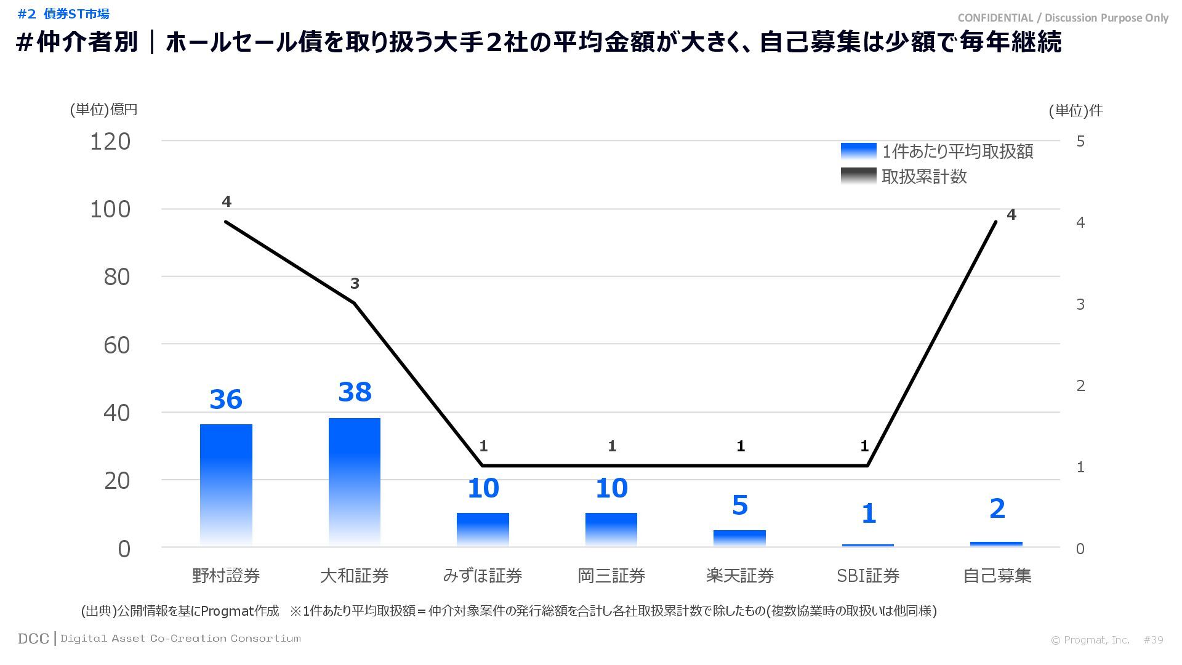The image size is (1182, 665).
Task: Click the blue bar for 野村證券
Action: pyautogui.click(x=226, y=485)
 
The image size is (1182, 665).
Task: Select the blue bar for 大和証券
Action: pyautogui.click(x=355, y=482)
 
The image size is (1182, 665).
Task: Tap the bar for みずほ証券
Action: pyautogui.click(x=483, y=530)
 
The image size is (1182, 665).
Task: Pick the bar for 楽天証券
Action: pyautogui.click(x=739, y=538)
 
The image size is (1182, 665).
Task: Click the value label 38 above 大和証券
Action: pyautogui.click(x=355, y=392)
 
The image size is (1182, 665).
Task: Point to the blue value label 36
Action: pyautogui.click(x=226, y=400)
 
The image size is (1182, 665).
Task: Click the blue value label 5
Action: pyautogui.click(x=739, y=506)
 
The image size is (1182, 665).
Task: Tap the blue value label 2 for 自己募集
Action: pyautogui.click(x=997, y=509)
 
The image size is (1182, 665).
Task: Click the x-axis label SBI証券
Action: pyautogui.click(x=868, y=576)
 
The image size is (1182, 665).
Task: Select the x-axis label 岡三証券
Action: pyautogui.click(x=611, y=576)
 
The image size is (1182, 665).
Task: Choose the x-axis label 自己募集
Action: pyautogui.click(x=997, y=576)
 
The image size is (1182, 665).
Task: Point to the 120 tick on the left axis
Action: pyautogui.click(x=111, y=142)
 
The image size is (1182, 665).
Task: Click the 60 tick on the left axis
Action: pyautogui.click(x=117, y=345)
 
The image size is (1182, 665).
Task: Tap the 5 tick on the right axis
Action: pyautogui.click(x=1080, y=142)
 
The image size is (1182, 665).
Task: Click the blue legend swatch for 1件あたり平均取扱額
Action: pyautogui.click(x=858, y=151)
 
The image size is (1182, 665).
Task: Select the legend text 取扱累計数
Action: pyautogui.click(x=924, y=177)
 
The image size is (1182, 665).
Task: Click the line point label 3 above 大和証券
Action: pyautogui.click(x=355, y=284)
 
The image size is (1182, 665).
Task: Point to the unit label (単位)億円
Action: pyautogui.click(x=103, y=110)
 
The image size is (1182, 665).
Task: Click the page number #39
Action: pyautogui.click(x=1153, y=640)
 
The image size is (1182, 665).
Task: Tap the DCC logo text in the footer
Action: pyautogui.click(x=33, y=639)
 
